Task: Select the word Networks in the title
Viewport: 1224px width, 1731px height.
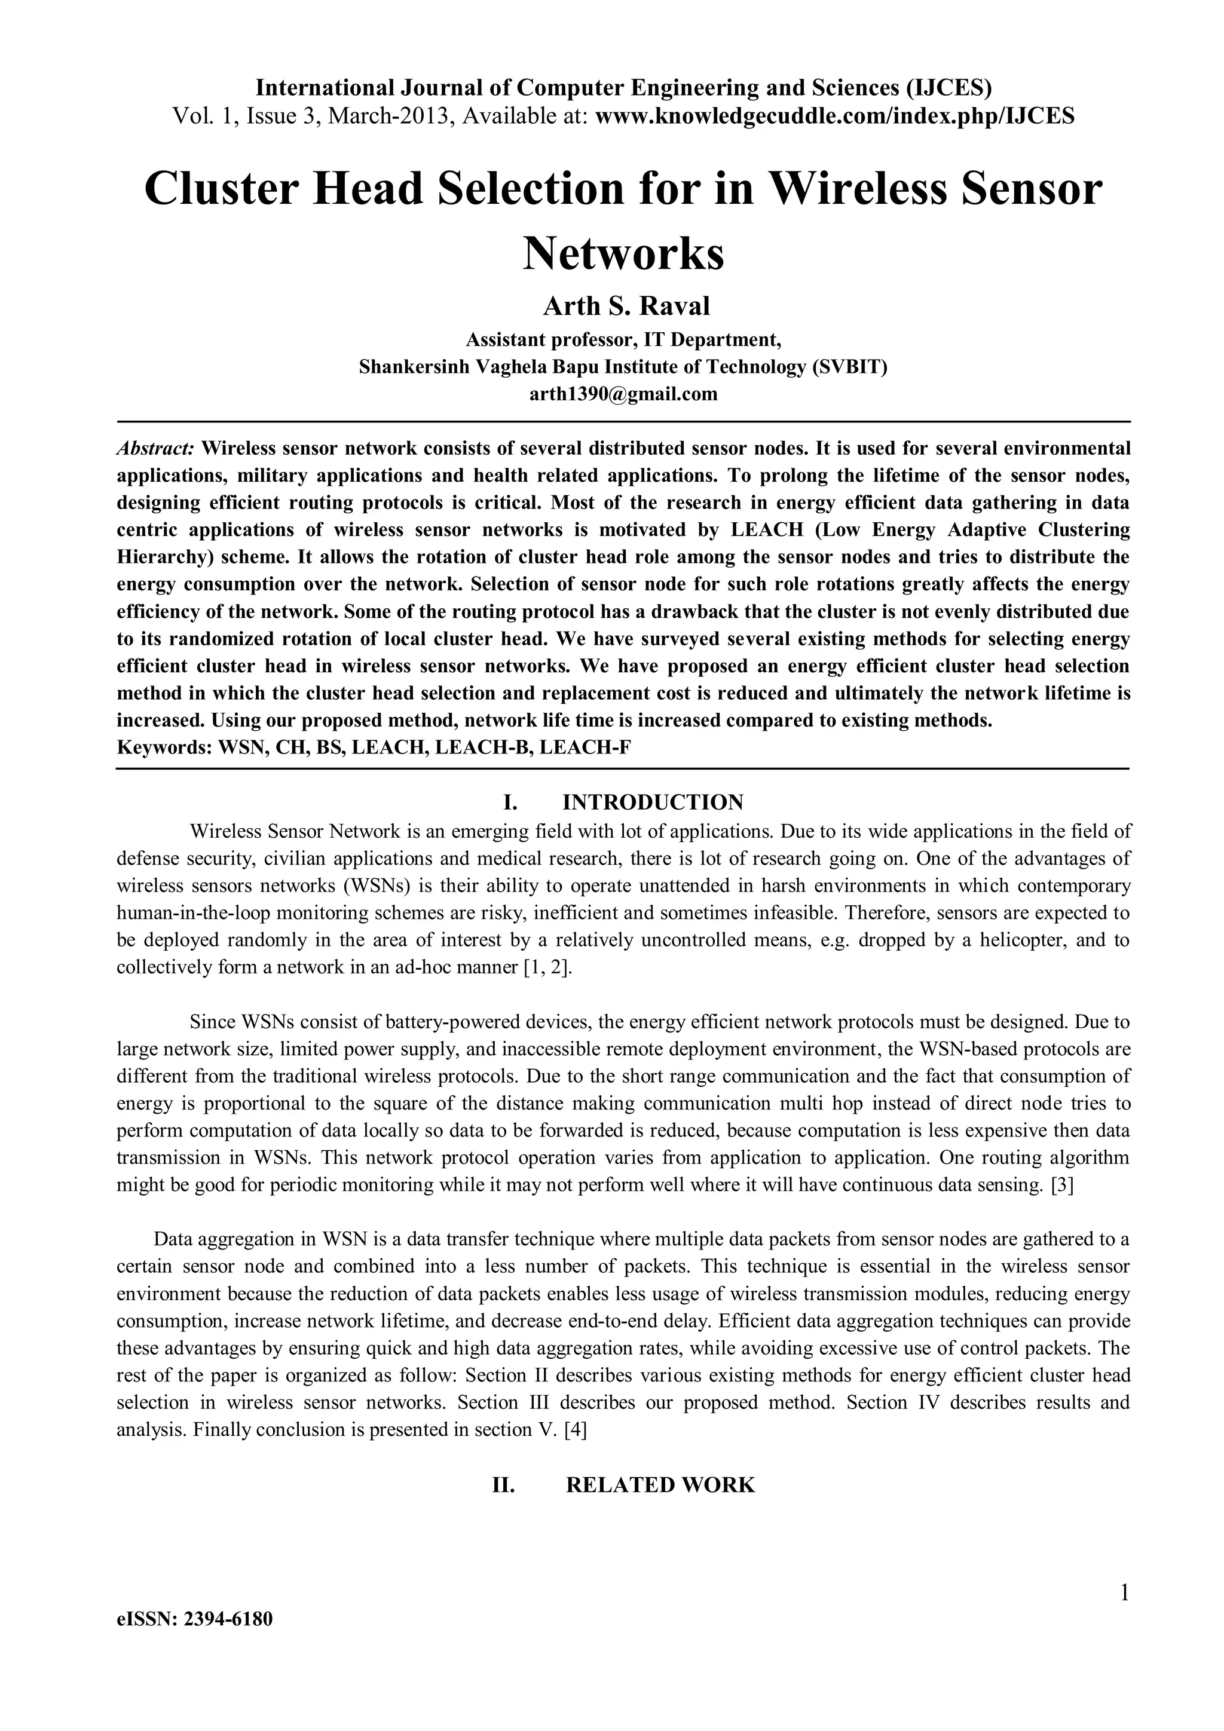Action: point(623,253)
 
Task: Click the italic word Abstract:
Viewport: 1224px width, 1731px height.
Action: point(155,449)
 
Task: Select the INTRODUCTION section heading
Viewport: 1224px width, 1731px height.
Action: point(653,801)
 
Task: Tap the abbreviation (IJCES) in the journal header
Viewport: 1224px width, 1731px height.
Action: point(948,88)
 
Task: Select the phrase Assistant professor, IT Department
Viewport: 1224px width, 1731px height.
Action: point(623,340)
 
